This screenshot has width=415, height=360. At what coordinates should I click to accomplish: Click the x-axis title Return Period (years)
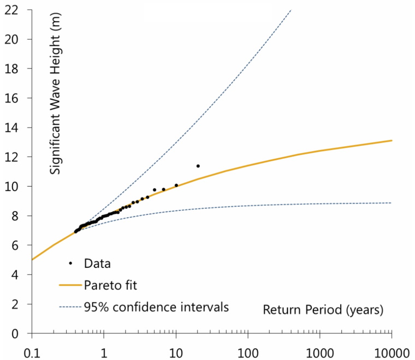click(x=323, y=310)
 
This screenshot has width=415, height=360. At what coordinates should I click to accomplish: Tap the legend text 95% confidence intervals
click(x=156, y=306)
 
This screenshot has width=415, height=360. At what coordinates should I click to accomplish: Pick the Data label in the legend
click(x=98, y=263)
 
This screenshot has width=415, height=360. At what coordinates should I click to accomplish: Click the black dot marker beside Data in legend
click(x=70, y=263)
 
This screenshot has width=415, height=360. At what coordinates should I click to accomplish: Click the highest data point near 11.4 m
click(x=198, y=166)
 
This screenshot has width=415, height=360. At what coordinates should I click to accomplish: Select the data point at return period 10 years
click(x=176, y=185)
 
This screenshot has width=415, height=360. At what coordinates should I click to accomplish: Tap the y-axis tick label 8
click(x=21, y=216)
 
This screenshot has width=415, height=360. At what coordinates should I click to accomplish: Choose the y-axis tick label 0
click(x=21, y=334)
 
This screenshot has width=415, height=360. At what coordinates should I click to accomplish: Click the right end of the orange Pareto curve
click(x=392, y=141)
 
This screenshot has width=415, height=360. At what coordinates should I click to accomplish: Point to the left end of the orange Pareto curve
click(x=32, y=260)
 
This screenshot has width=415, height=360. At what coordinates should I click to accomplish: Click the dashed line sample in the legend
click(x=70, y=307)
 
